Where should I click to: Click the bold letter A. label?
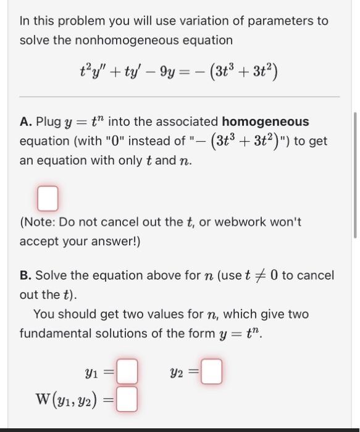click(26, 122)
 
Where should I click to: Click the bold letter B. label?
click(26, 275)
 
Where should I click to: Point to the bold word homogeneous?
click(266, 122)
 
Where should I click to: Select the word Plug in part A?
click(48, 122)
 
